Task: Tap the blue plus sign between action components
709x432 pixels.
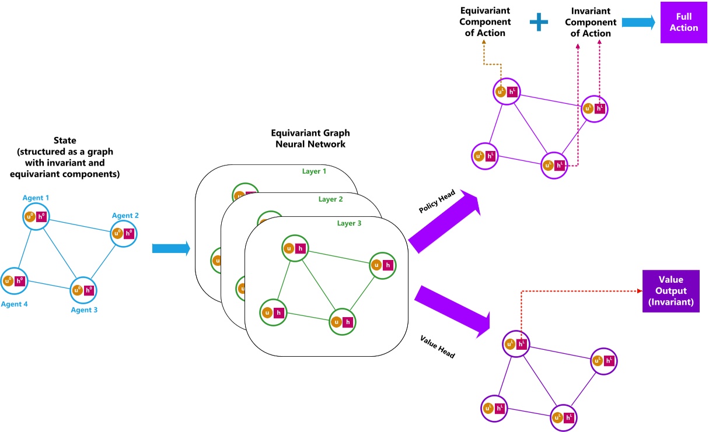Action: click(539, 22)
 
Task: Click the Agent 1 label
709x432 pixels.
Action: click(36, 198)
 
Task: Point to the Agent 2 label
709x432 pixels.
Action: click(125, 216)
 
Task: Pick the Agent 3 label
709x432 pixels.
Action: click(84, 310)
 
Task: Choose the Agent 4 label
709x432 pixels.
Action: click(15, 304)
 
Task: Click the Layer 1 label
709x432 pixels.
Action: click(314, 171)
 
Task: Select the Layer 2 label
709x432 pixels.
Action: click(331, 199)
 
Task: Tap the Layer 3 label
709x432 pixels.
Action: click(350, 223)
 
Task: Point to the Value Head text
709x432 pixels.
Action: click(437, 346)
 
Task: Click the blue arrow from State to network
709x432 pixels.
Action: click(171, 248)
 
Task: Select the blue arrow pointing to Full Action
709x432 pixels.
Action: click(638, 22)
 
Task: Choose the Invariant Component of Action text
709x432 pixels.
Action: click(590, 22)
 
